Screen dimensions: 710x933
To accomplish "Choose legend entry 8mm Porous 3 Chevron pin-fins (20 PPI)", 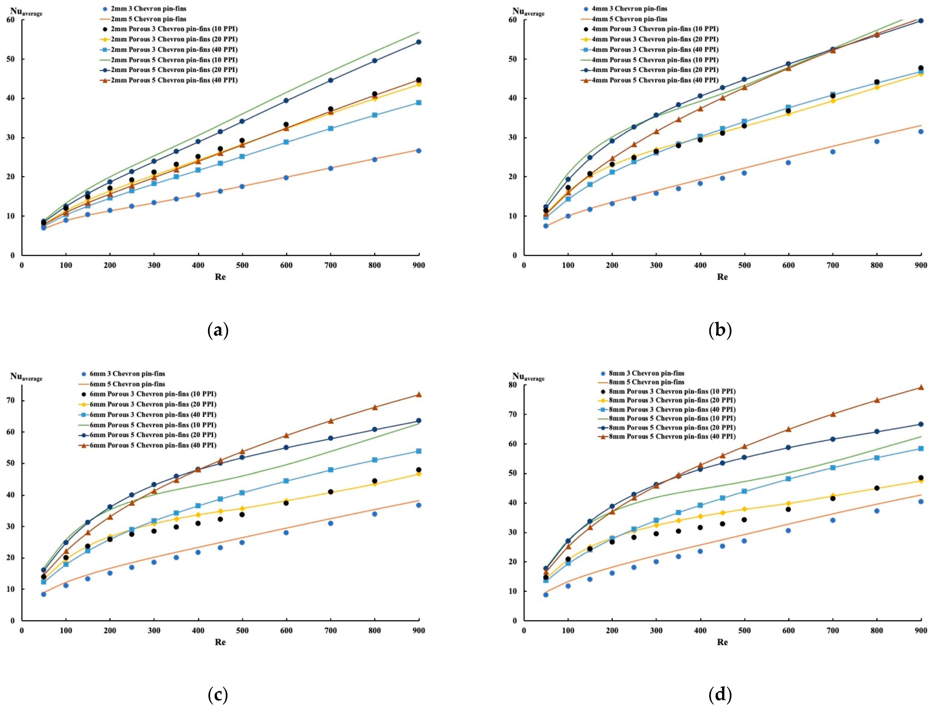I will [x=672, y=400].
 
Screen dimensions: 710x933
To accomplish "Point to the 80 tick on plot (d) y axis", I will [x=513, y=385].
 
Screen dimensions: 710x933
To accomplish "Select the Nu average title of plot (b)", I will [x=529, y=12].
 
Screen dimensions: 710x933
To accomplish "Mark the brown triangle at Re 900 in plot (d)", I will [x=921, y=387].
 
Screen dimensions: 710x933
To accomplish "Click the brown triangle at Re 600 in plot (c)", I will [x=286, y=435].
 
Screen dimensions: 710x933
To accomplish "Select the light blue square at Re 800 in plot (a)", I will [x=374, y=115].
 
